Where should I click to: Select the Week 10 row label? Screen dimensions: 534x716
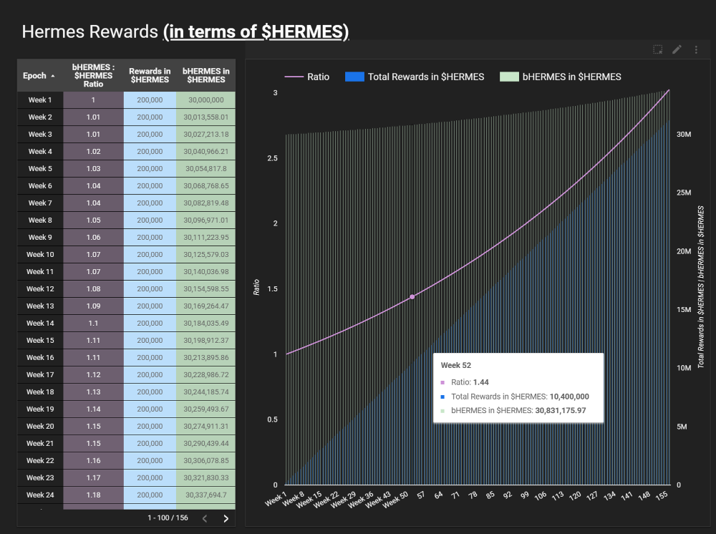click(x=40, y=254)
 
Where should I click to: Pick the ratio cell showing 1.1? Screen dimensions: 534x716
click(x=93, y=323)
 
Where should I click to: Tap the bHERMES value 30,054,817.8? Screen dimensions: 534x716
click(x=205, y=168)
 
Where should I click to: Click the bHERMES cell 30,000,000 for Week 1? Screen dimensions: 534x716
click(x=205, y=99)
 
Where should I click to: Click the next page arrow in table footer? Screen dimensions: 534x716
click(x=226, y=518)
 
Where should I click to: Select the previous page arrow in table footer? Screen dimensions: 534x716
click(x=204, y=518)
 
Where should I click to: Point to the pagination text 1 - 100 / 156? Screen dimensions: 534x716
click(x=168, y=518)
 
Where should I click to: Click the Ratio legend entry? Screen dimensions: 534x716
click(x=307, y=77)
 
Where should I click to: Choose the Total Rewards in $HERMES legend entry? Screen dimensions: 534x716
click(x=415, y=77)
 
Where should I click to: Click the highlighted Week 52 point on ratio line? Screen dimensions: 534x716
click(x=412, y=296)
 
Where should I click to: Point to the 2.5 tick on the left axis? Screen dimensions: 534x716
click(x=272, y=158)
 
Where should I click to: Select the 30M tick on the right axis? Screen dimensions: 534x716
click(x=683, y=135)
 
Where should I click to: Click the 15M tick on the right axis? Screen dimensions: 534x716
click(x=683, y=310)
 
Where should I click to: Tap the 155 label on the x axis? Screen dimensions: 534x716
click(x=662, y=495)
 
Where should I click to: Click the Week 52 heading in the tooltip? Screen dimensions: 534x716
click(x=455, y=365)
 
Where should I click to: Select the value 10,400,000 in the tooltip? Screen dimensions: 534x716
click(x=569, y=396)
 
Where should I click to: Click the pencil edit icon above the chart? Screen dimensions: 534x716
click(x=677, y=49)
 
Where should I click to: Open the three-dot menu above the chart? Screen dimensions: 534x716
click(x=696, y=49)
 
